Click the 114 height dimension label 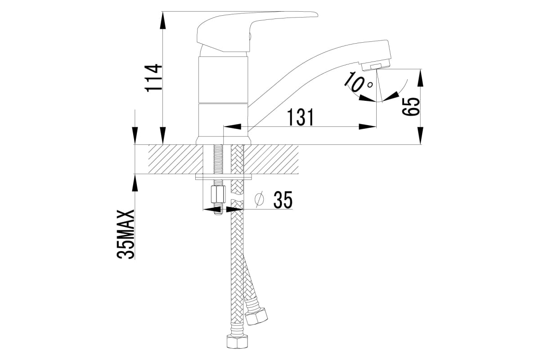(153, 78)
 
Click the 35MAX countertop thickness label (126, 234)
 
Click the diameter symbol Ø (259, 200)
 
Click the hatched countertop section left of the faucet (173, 159)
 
